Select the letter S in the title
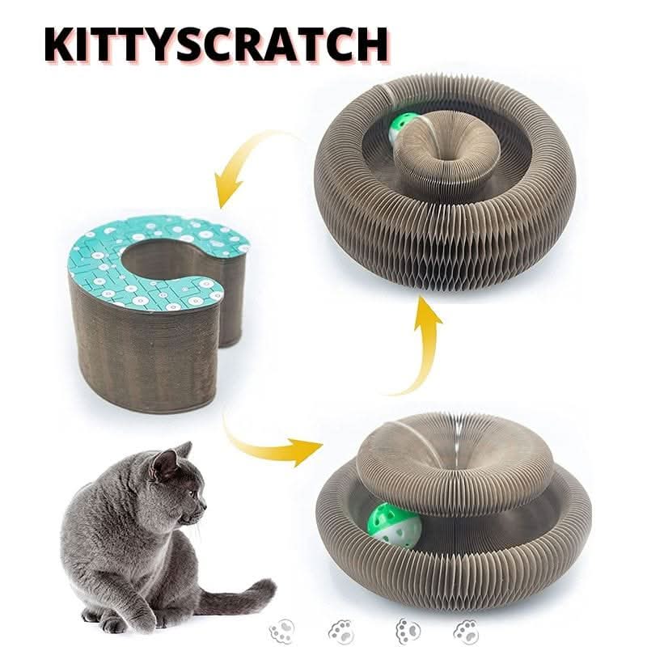tap(208, 44)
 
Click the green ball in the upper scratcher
tap(402, 128)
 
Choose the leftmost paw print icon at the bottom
tap(282, 630)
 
